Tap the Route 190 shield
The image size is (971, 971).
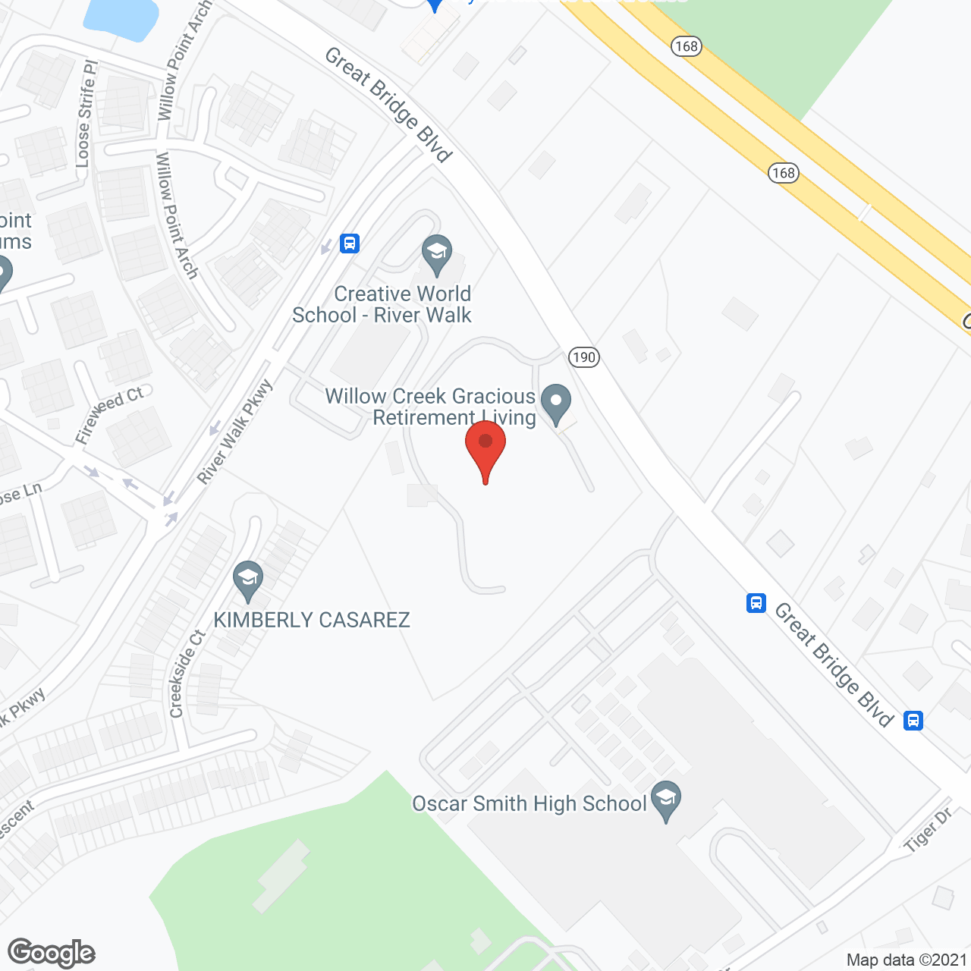point(584,357)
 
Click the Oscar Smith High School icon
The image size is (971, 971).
point(666,800)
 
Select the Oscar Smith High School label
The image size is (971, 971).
point(529,803)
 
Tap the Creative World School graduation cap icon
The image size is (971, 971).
point(437,254)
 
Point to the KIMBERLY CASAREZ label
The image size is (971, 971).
point(312,620)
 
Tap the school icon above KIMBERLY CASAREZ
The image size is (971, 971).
point(247,580)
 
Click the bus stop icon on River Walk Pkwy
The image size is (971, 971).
point(349,244)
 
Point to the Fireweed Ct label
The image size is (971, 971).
point(109,414)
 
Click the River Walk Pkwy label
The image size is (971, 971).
point(234,432)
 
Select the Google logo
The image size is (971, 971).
point(52,953)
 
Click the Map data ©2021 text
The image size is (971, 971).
point(907,960)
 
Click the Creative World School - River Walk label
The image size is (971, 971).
point(382,304)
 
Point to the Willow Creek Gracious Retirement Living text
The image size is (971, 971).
point(431,407)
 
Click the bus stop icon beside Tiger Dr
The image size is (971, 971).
point(913,720)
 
